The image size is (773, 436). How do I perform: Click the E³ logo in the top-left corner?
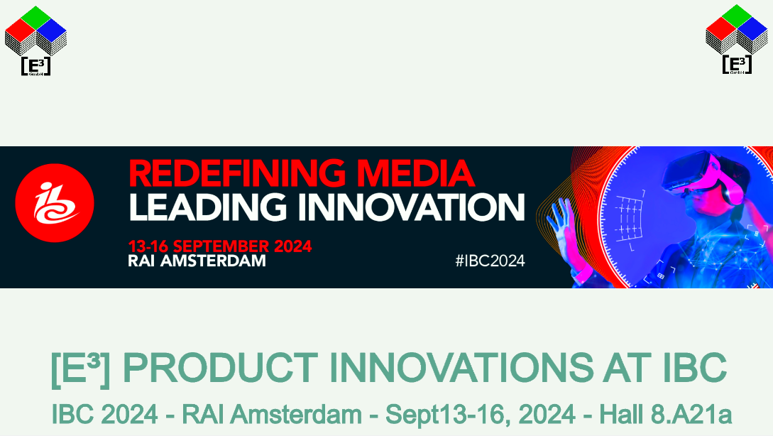point(35,40)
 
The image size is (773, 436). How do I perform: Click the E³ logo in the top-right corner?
point(737,40)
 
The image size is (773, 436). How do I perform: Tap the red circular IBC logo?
point(55,202)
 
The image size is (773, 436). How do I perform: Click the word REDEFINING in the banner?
point(237,173)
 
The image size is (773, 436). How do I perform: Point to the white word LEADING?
point(207,207)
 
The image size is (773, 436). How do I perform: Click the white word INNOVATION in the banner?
point(412,207)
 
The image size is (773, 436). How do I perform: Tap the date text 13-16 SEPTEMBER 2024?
point(220,246)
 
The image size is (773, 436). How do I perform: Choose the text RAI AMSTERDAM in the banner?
point(197,261)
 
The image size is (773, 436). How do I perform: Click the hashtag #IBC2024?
point(490,261)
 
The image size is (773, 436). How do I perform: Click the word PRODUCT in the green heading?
point(220,367)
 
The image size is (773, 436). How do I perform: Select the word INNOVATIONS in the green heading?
point(461,367)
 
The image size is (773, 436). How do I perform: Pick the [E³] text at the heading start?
point(80,369)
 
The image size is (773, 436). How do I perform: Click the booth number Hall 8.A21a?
point(665,414)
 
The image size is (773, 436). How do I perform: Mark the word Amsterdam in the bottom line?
point(296,414)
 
